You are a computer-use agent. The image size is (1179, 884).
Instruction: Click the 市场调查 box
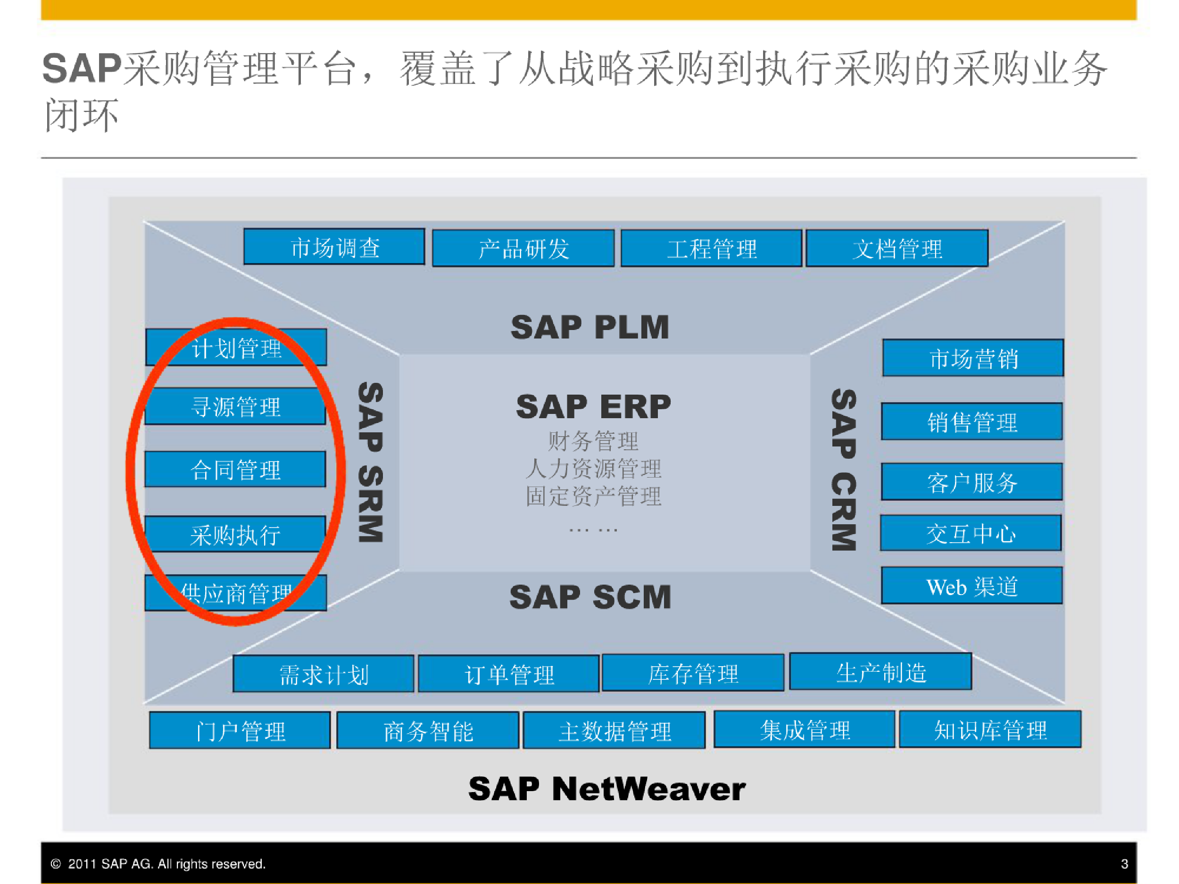pyautogui.click(x=334, y=247)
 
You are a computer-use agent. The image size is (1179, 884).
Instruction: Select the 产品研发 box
pyautogui.click(x=523, y=248)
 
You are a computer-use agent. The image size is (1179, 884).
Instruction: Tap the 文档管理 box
pyautogui.click(x=897, y=248)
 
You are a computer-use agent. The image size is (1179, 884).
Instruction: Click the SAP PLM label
pyautogui.click(x=589, y=327)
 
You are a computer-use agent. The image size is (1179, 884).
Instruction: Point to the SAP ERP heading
pyautogui.click(x=593, y=406)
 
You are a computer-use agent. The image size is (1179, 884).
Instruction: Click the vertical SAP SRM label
pyautogui.click(x=370, y=462)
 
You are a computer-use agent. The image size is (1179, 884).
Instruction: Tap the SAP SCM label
pyautogui.click(x=590, y=597)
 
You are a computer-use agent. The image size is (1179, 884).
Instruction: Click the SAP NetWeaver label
pyautogui.click(x=607, y=789)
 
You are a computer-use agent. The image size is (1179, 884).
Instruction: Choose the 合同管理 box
pyautogui.click(x=235, y=470)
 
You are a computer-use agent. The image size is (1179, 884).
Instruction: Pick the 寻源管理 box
pyautogui.click(x=235, y=406)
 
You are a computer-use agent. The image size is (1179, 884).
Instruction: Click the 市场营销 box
pyautogui.click(x=973, y=358)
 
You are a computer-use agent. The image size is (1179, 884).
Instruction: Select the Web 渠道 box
pyautogui.click(x=971, y=586)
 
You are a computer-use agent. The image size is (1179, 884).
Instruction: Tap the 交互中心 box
pyautogui.click(x=971, y=533)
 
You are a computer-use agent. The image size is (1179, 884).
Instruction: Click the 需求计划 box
pyautogui.click(x=324, y=674)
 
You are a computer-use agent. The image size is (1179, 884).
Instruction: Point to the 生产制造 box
pyautogui.click(x=880, y=671)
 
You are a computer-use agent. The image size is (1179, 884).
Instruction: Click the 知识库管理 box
pyautogui.click(x=990, y=729)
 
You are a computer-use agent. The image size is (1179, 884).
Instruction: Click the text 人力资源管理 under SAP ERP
pyautogui.click(x=593, y=469)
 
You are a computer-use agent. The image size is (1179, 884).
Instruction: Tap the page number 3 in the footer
pyautogui.click(x=1125, y=864)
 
